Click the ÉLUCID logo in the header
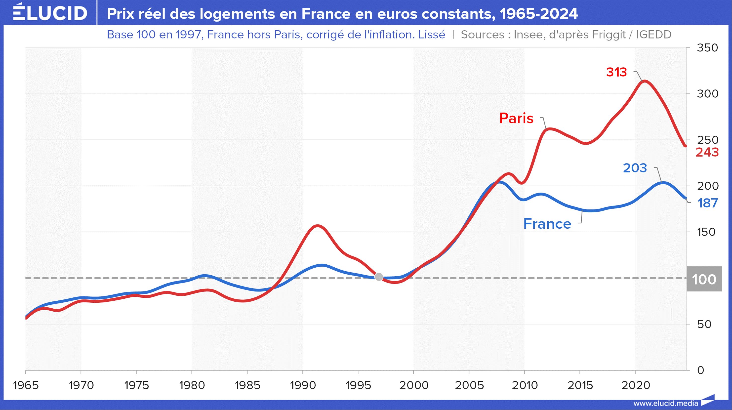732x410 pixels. pos(50,13)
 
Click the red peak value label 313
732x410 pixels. pos(616,72)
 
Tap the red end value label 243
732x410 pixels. pos(707,153)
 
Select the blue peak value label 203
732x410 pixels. pos(635,168)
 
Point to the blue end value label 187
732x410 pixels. pos(708,203)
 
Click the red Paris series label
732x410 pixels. pos(516,118)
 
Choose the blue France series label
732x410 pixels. pos(547,224)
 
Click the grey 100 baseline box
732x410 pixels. pos(704,279)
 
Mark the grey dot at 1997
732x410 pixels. pos(379,277)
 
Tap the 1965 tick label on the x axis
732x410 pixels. pos(26,385)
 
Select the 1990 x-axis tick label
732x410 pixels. pos(303,385)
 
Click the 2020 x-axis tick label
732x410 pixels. pos(635,385)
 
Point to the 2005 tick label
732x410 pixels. pos(469,385)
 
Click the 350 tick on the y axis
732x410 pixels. pos(707,48)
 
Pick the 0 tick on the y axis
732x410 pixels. pos(700,370)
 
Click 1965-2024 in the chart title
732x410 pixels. pos(538,14)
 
